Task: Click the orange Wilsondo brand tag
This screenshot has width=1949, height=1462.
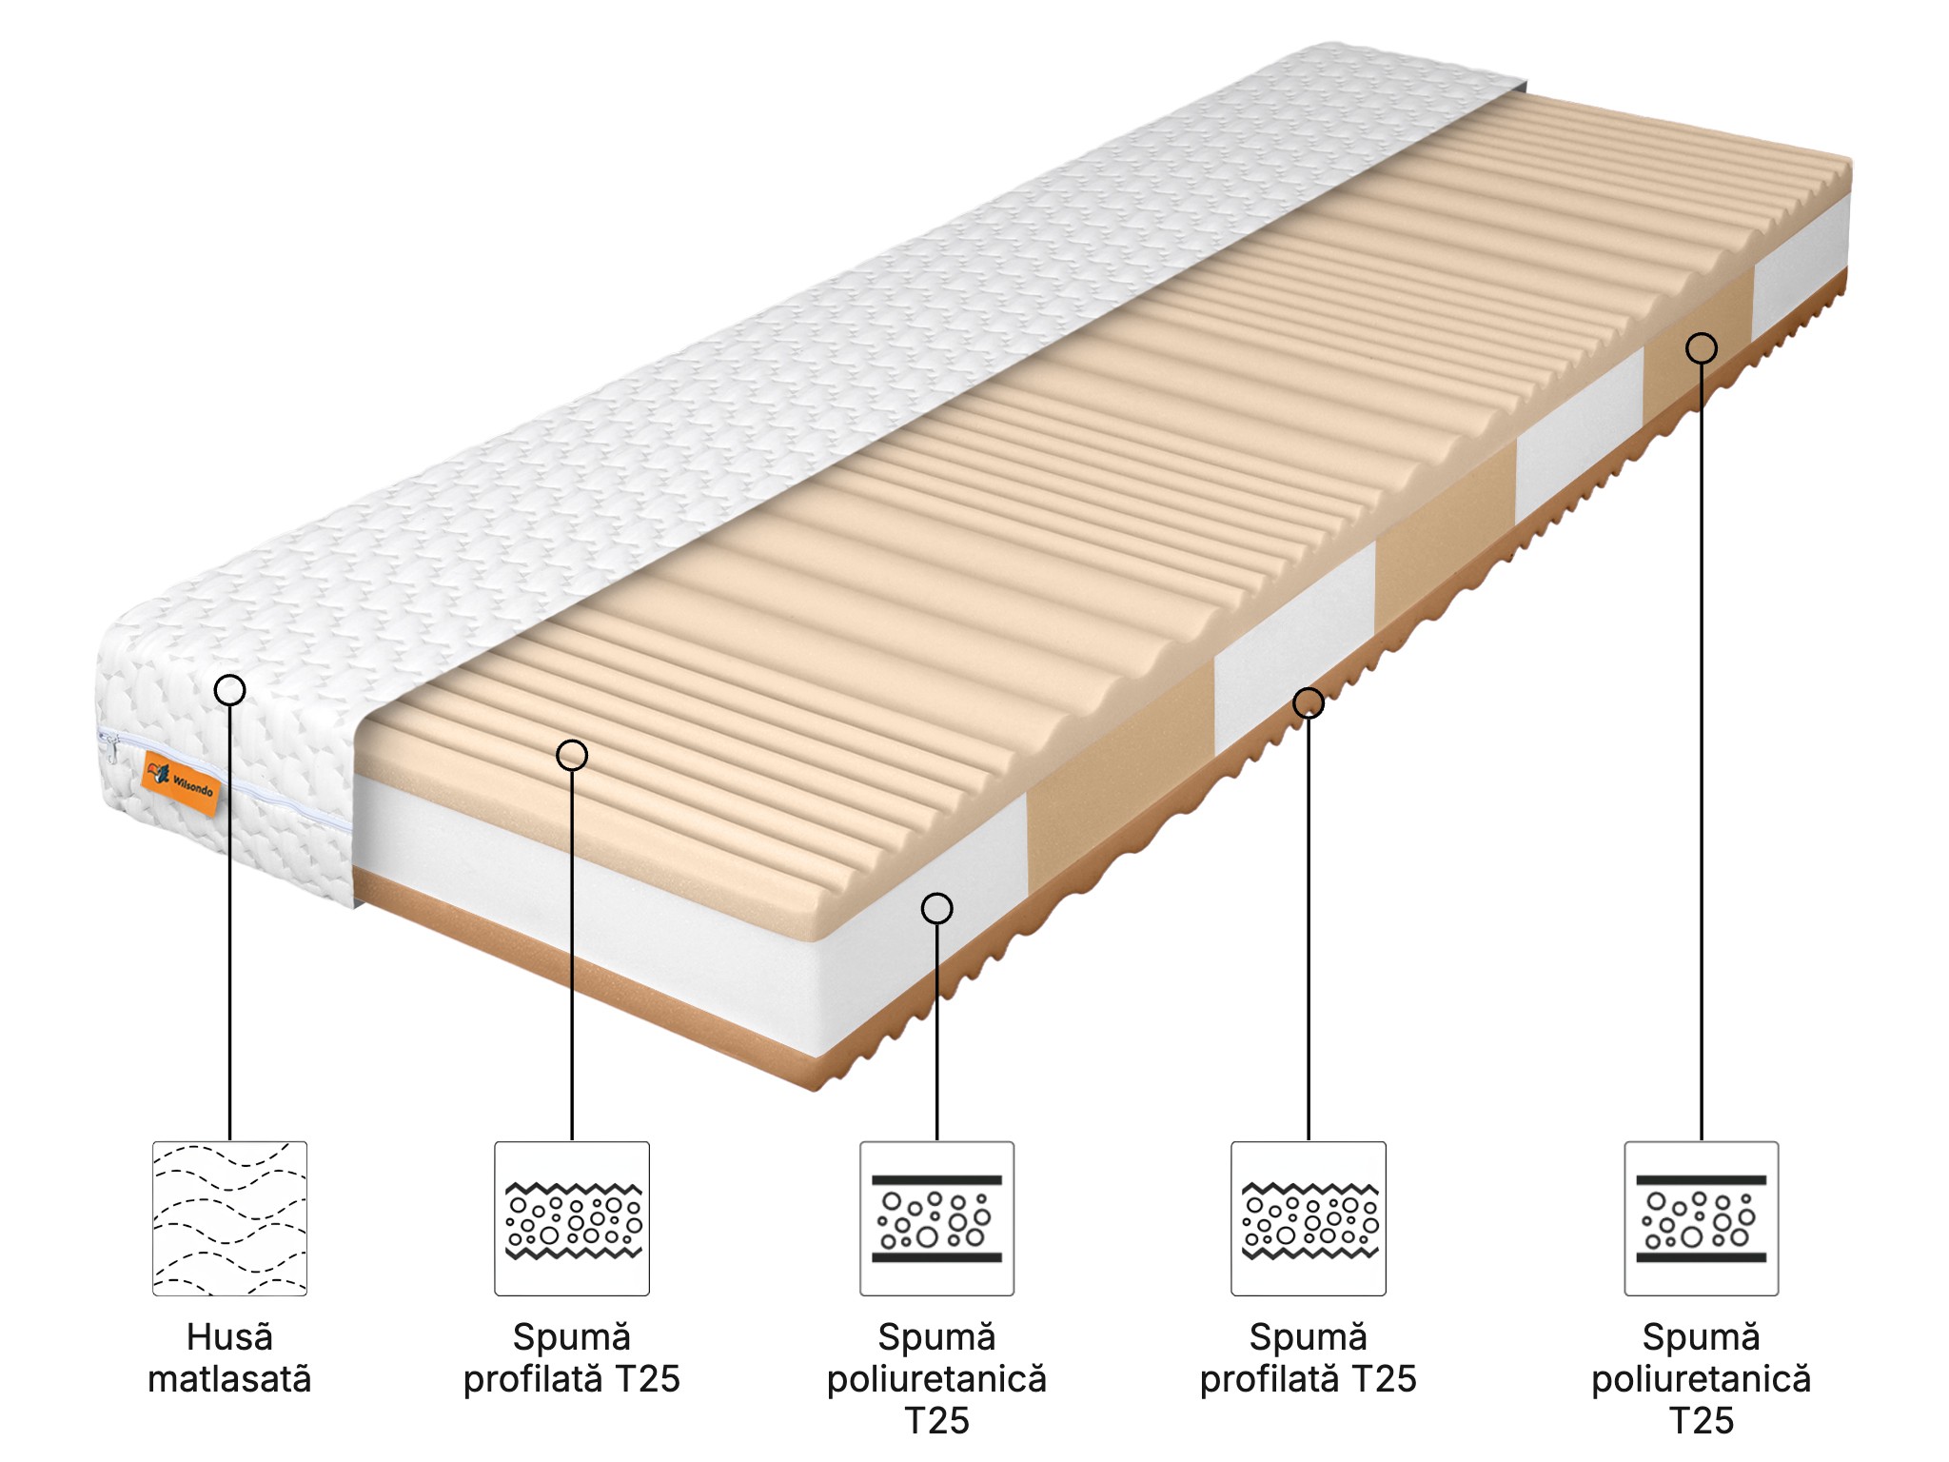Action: [180, 782]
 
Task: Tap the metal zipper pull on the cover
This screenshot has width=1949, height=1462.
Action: [113, 751]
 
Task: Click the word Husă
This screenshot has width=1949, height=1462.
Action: [229, 1337]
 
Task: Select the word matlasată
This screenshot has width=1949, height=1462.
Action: [229, 1379]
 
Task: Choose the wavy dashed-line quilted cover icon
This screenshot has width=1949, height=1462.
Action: [229, 1218]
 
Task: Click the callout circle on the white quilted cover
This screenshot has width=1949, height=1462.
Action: [229, 689]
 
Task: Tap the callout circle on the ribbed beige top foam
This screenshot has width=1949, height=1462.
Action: [572, 755]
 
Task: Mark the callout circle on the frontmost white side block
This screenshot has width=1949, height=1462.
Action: [937, 908]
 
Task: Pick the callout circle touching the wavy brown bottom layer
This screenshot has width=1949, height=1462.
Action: [1309, 702]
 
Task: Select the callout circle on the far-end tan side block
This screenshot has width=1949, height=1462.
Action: [1702, 348]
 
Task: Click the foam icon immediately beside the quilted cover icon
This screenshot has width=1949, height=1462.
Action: [572, 1218]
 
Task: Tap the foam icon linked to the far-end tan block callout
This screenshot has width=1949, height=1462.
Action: [1702, 1218]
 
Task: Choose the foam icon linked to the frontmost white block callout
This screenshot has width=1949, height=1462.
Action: [937, 1218]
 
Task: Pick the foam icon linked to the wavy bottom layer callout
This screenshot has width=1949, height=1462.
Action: [1309, 1218]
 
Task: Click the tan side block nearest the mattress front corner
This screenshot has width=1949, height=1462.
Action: [1121, 780]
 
